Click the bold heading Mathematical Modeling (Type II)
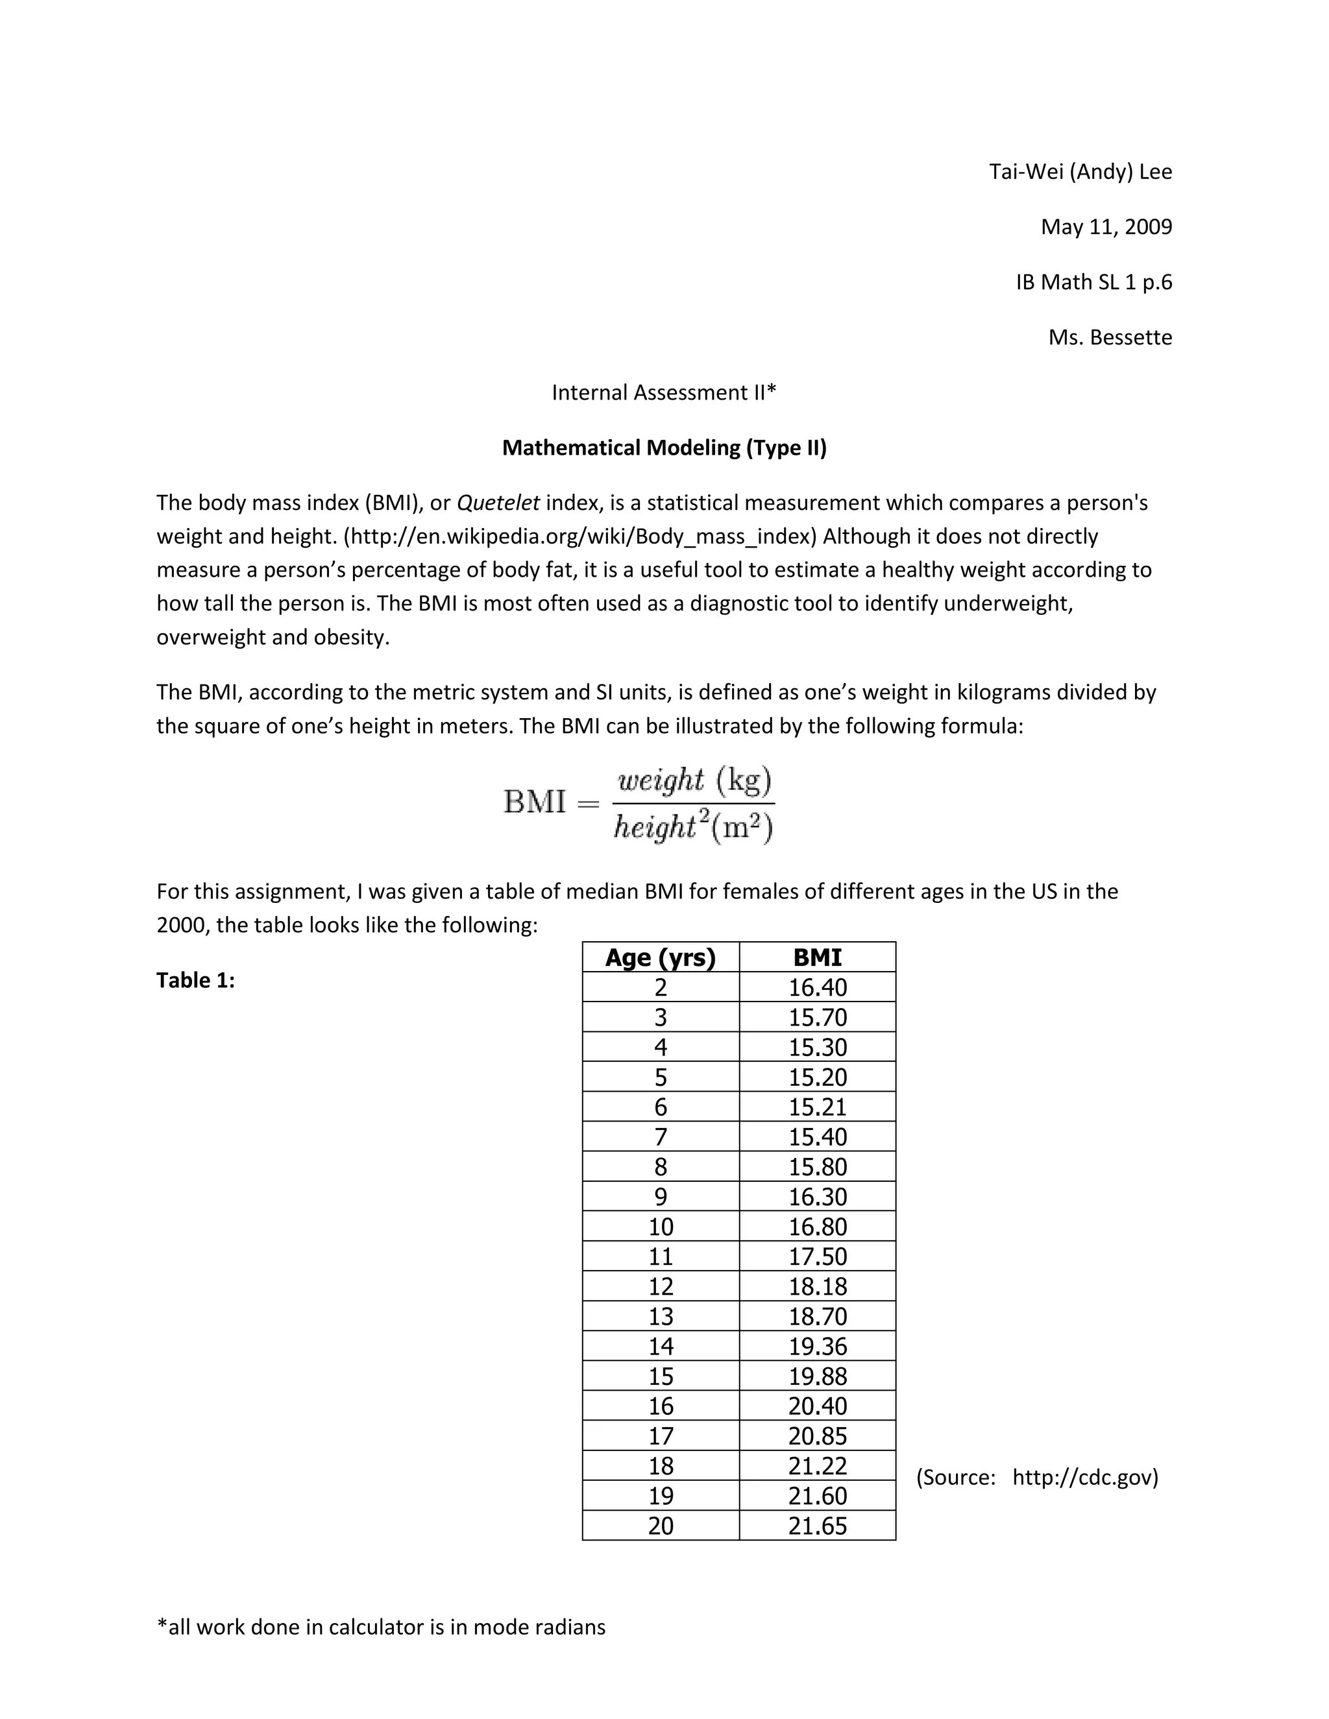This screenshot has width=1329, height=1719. point(664,447)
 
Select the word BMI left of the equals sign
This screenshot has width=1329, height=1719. point(535,802)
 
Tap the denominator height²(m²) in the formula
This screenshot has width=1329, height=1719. point(693,827)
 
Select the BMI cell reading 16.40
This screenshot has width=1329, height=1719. point(817,987)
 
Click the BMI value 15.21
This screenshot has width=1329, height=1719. point(817,1107)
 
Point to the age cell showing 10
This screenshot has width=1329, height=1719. point(661,1226)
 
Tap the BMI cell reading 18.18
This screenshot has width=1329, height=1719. point(817,1286)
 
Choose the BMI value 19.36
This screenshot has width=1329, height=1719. point(817,1346)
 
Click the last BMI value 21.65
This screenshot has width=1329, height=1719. point(817,1526)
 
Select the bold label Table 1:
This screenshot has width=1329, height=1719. point(195,980)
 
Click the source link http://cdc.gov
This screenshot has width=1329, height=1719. point(1084,1477)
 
